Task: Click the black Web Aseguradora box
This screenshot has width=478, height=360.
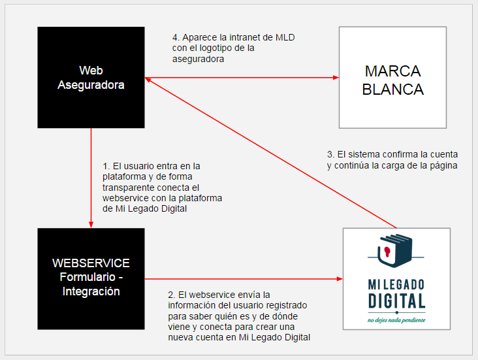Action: click(91, 78)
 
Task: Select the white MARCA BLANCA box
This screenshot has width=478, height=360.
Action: click(392, 78)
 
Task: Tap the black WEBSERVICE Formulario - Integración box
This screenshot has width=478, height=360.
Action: click(91, 279)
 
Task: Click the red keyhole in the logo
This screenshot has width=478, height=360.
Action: click(387, 252)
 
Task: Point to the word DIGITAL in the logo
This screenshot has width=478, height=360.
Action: click(396, 301)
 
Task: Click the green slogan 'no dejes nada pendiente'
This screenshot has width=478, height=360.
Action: click(396, 320)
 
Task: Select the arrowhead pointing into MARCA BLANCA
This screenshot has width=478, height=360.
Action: click(336, 78)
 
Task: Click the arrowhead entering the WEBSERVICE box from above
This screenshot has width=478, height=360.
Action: click(91, 225)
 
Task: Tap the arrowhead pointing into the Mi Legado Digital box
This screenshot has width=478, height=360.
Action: click(340, 279)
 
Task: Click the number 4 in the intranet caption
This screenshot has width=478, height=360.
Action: click(175, 37)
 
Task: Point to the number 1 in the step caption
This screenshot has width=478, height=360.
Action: click(106, 166)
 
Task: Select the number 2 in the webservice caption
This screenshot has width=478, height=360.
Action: click(170, 295)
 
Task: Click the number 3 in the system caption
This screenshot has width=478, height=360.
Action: click(330, 154)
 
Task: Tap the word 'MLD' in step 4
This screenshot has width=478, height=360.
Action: click(285, 37)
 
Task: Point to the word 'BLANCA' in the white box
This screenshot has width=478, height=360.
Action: click(392, 90)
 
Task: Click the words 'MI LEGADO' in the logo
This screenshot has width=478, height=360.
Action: click(396, 285)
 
